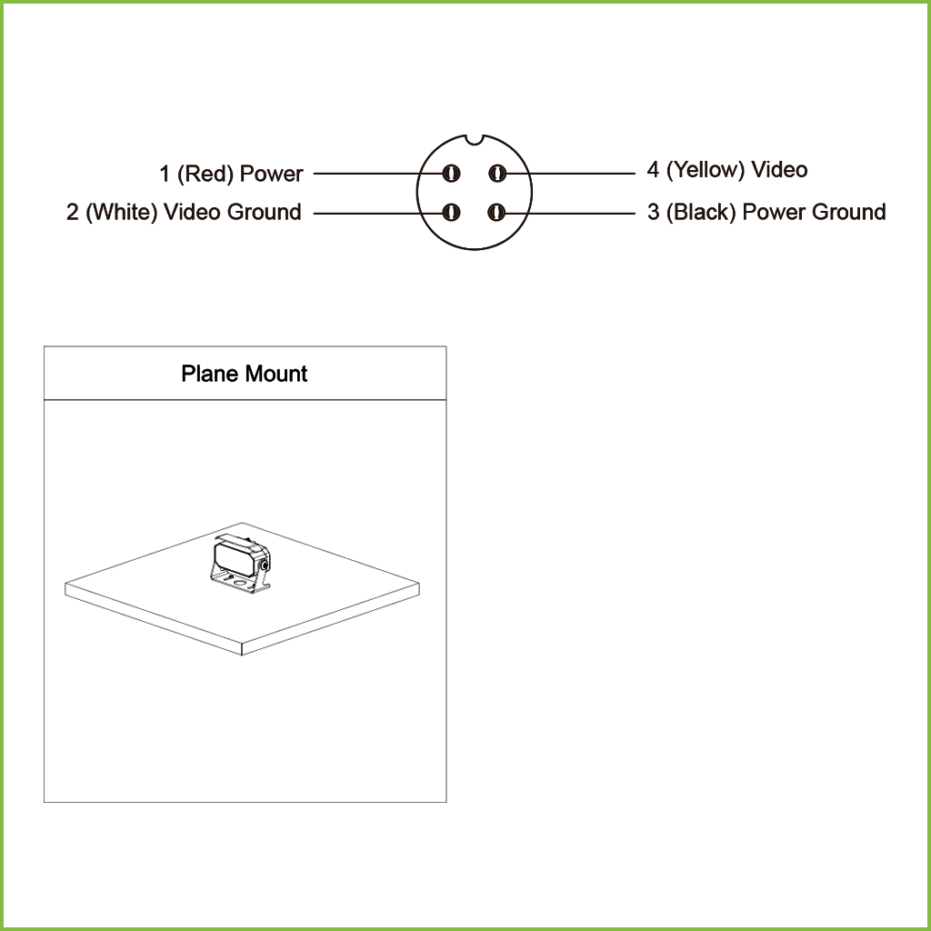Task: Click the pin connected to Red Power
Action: [x=451, y=174]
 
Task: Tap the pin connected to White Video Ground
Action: [x=451, y=212]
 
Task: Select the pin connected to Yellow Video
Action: [x=497, y=174]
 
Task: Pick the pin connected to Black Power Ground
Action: [x=496, y=212]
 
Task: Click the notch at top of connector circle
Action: [x=474, y=139]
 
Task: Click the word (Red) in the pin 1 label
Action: [x=205, y=174]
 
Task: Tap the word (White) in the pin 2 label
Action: [x=121, y=212]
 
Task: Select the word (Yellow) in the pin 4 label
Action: [x=706, y=170]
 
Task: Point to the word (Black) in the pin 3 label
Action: [x=701, y=212]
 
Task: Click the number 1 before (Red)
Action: [x=165, y=174]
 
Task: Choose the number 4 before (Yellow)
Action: [x=653, y=170]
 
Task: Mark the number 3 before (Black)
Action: [x=653, y=212]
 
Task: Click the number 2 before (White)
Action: [x=73, y=212]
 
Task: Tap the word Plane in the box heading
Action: [x=210, y=374]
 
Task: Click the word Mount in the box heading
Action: [x=276, y=374]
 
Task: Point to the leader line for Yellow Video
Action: [x=566, y=174]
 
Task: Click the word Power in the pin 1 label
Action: [x=271, y=174]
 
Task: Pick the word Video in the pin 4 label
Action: [x=779, y=170]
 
